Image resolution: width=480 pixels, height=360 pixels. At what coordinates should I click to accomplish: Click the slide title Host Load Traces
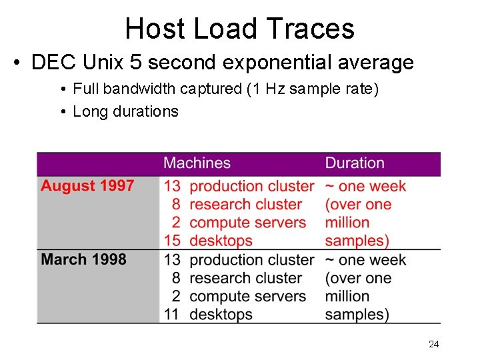tap(239, 29)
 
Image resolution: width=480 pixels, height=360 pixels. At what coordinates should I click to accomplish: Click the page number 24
tap(433, 344)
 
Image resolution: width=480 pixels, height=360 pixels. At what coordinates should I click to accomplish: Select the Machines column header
tap(197, 163)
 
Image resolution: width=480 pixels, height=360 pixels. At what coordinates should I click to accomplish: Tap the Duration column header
tap(355, 163)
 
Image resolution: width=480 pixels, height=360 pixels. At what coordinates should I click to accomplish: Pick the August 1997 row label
tap(87, 186)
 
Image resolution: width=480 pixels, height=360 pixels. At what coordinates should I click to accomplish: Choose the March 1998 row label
tap(83, 259)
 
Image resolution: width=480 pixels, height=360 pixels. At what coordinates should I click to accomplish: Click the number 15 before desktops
tap(172, 241)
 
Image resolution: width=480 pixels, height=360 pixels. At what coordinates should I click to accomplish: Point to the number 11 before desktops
tap(172, 314)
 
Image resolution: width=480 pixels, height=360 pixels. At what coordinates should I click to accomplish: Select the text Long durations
tap(125, 111)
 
